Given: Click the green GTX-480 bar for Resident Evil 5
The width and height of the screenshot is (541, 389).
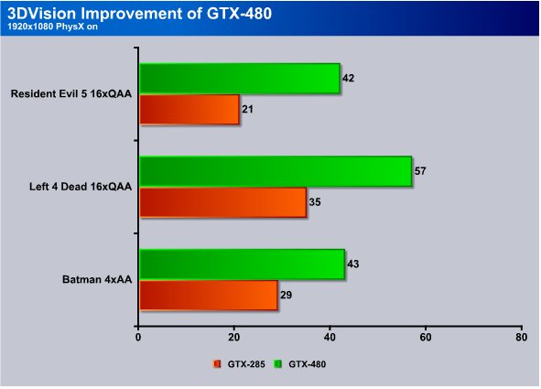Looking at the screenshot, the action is click(x=240, y=79).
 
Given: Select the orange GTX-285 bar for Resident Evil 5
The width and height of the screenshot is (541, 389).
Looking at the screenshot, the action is click(x=189, y=109).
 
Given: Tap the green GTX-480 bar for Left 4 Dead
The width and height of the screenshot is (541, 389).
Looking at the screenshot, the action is click(x=276, y=171).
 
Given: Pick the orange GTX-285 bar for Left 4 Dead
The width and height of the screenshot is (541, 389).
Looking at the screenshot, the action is click(x=222, y=202).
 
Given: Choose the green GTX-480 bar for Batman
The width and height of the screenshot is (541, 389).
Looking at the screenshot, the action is click(x=243, y=265).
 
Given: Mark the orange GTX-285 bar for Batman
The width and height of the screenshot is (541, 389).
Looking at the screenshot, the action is click(x=209, y=296).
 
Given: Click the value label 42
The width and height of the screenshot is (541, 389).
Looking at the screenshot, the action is click(x=348, y=79).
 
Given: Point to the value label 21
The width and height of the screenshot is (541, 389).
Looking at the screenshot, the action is click(x=247, y=109).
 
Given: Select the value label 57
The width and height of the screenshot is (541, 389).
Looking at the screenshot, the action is click(x=420, y=171).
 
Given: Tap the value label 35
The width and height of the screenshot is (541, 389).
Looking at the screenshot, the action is click(x=315, y=202).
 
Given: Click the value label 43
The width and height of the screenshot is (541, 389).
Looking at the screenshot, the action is click(x=353, y=265).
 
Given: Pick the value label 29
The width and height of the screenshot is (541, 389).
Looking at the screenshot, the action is click(x=286, y=296).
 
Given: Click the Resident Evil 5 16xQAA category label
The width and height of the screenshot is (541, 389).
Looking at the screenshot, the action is click(x=71, y=93).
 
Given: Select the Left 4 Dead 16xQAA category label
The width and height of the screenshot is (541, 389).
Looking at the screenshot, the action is click(x=81, y=187).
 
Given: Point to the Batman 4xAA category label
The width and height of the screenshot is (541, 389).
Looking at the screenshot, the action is click(x=97, y=279).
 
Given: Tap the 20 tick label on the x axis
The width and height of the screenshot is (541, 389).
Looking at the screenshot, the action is click(x=234, y=337).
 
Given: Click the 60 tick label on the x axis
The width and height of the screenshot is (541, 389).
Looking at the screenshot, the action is click(x=426, y=337).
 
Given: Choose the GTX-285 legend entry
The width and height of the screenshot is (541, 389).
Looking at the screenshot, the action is click(x=240, y=364).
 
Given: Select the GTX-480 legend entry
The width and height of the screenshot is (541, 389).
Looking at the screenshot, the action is click(x=300, y=364).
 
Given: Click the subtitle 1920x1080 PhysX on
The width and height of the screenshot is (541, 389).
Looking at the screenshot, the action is click(x=52, y=27).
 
